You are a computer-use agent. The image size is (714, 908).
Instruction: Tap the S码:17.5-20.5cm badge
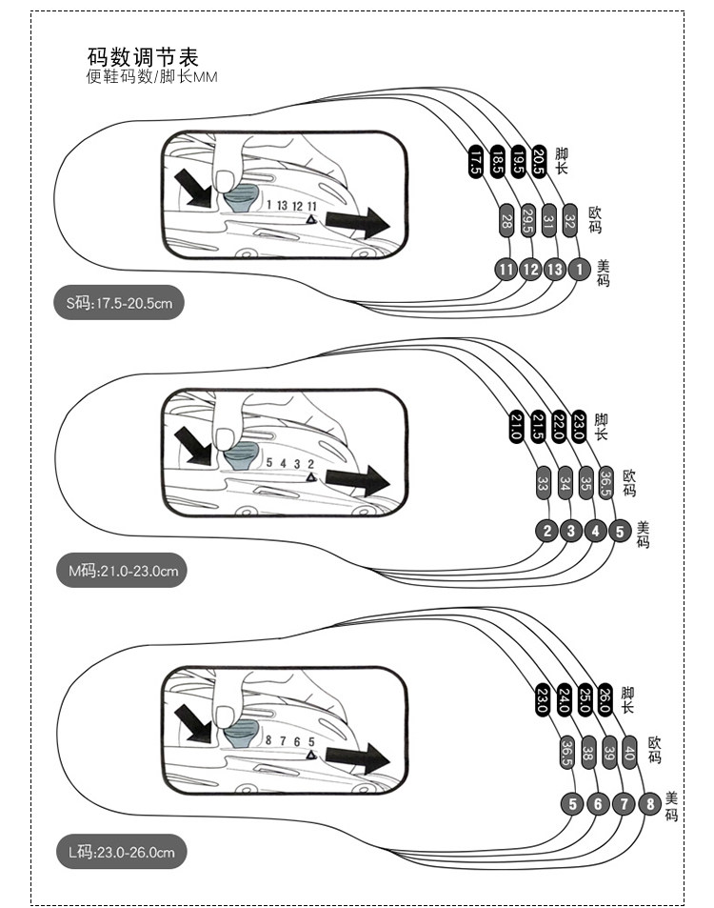point(118,304)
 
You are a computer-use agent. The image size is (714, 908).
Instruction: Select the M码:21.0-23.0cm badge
point(121,571)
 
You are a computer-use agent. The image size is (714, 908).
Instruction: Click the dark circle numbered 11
point(506,269)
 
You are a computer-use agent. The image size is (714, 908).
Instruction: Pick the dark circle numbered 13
point(554,269)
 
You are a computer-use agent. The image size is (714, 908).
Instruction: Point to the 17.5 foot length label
point(475,159)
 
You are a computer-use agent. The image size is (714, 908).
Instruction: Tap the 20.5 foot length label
point(540,158)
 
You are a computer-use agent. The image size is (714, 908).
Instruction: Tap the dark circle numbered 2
point(547,531)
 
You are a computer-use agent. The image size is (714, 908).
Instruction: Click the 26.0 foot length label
point(604,699)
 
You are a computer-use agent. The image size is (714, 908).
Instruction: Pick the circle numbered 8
point(649,803)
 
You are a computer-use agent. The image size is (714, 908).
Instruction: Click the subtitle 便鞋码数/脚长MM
point(151,77)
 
